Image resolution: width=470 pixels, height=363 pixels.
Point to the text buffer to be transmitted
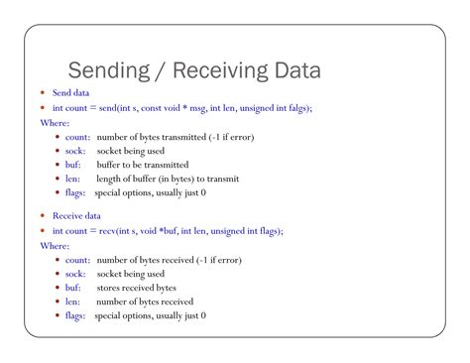coord(151,165)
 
